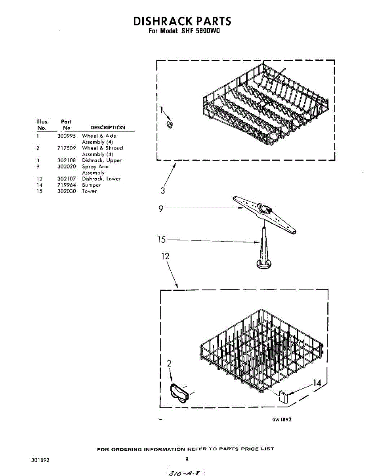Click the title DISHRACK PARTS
pos(182,21)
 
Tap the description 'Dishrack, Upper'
pos(101,160)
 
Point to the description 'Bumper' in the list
pos(91,185)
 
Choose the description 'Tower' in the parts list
pos(89,191)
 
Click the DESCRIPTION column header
pos(107,128)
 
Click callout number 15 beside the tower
pos(161,240)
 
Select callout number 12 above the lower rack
pos(165,256)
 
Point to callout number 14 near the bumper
pos(317,383)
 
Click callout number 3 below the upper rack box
pos(162,191)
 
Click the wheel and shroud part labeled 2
pos(180,393)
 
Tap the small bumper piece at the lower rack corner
pos(282,396)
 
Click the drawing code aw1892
pos(281,420)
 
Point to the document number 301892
pos(40,461)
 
